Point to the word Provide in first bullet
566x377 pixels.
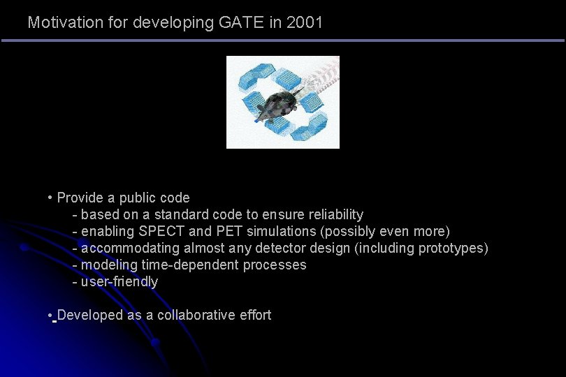point(79,198)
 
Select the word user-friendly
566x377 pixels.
point(119,281)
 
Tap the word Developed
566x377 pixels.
point(90,315)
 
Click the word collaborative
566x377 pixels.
point(193,315)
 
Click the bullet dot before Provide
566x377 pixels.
point(51,198)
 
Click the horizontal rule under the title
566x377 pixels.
point(282,40)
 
